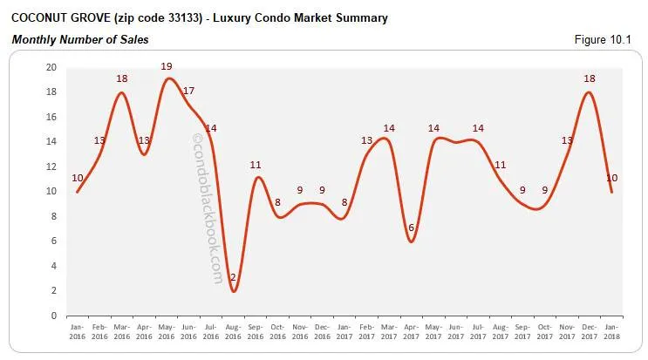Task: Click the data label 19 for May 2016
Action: [x=167, y=66]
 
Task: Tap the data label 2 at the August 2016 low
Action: [x=233, y=278]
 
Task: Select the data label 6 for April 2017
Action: [x=411, y=228]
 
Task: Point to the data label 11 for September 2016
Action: [x=256, y=165]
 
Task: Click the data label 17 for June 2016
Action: [x=188, y=91]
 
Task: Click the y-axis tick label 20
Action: [x=51, y=68]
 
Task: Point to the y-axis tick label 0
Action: [x=54, y=316]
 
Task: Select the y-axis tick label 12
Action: [x=51, y=166]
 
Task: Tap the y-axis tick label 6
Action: [x=54, y=241]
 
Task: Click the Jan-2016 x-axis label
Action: [x=78, y=332]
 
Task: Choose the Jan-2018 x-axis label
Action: [x=611, y=332]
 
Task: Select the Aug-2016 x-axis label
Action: [x=233, y=332]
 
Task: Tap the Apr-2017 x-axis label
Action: [x=411, y=332]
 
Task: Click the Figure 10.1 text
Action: [x=610, y=39]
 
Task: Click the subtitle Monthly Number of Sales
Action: [x=79, y=39]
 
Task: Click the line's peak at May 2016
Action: [x=167, y=79]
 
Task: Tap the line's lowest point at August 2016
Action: [x=234, y=291]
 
